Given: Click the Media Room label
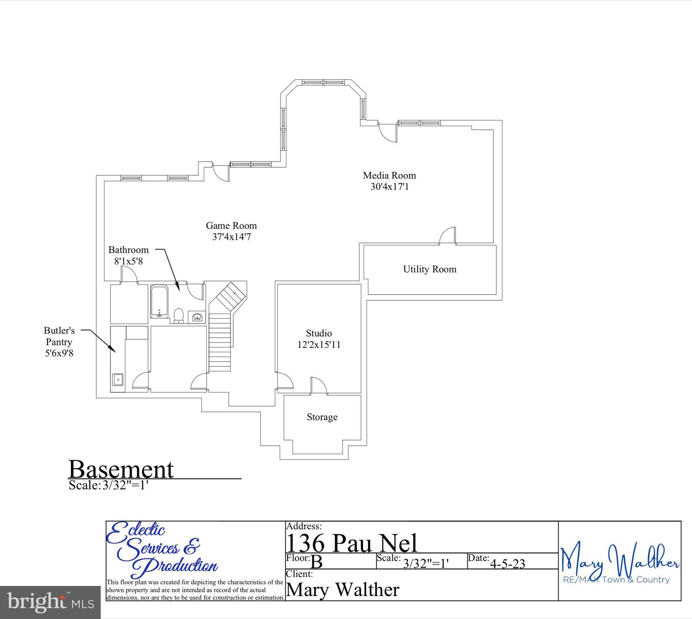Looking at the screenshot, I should [389, 175].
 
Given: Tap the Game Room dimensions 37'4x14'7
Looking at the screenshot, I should [232, 237].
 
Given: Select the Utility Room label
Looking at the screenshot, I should [430, 269].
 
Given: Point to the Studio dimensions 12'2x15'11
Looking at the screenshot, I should [319, 345].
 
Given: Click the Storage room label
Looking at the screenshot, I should [322, 417].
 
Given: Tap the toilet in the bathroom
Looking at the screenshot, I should [178, 315].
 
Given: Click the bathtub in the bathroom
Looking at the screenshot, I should [160, 301].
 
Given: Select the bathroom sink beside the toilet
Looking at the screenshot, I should [197, 317].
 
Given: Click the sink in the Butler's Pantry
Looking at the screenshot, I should [118, 379].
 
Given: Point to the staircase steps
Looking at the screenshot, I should [220, 343].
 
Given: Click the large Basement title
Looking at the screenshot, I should [121, 469].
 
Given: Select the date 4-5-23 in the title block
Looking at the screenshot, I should [507, 563].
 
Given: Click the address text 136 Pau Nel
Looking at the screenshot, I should [351, 543].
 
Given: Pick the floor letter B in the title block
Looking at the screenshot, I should [317, 562].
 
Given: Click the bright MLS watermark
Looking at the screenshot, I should [50, 602].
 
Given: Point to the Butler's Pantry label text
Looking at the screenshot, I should [59, 342].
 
